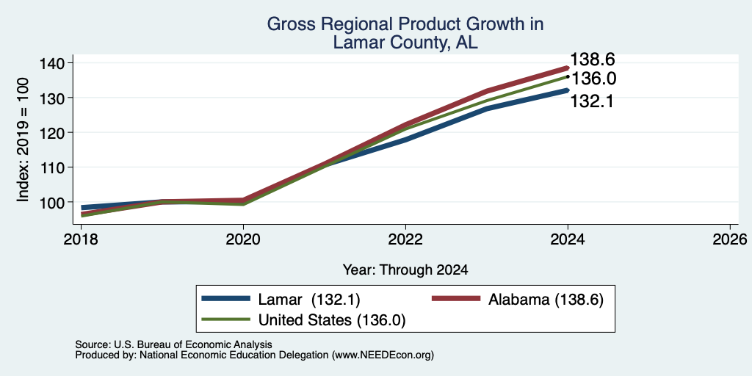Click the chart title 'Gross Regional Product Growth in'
[x=405, y=24]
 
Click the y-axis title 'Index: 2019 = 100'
[x=23, y=140]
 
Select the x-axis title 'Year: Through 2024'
[x=405, y=270]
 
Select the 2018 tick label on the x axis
[x=82, y=239]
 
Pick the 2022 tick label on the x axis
[x=405, y=239]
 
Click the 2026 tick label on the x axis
[x=730, y=239]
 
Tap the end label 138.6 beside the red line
[x=593, y=60]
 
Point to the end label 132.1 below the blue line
[x=593, y=101]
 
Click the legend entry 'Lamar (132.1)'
[x=281, y=300]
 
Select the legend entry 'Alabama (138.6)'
[x=518, y=300]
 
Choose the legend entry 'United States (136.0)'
[x=304, y=320]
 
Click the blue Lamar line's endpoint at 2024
[x=568, y=90]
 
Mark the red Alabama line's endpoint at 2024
[x=568, y=68]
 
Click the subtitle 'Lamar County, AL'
[x=405, y=42]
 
